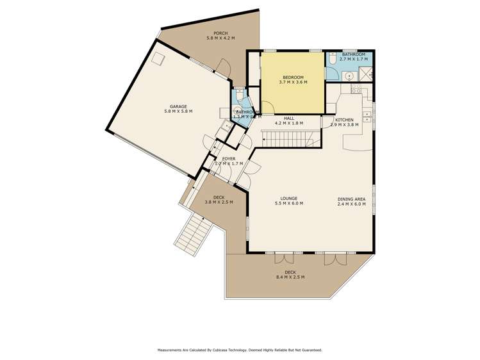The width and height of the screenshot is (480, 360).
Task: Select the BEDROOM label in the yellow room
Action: (x=293, y=77)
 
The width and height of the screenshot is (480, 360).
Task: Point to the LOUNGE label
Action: (x=288, y=199)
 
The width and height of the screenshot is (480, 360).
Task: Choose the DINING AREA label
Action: (x=352, y=199)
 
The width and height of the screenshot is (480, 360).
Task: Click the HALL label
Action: (x=288, y=117)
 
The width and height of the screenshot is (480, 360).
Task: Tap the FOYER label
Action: (x=229, y=158)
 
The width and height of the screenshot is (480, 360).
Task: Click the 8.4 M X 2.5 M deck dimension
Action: (x=290, y=277)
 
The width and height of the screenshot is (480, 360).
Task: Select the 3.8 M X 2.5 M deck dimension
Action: (x=219, y=202)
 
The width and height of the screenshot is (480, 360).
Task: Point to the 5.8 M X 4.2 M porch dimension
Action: (x=220, y=38)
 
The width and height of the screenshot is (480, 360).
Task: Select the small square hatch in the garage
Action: (x=158, y=60)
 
